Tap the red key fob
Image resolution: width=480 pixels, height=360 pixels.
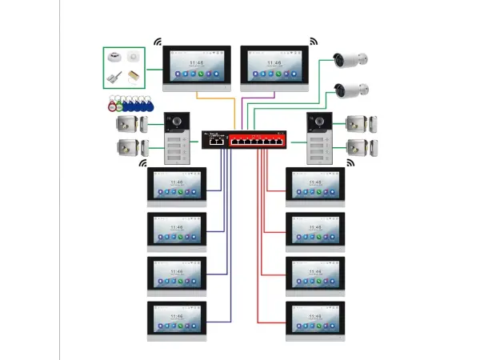coord(110,105)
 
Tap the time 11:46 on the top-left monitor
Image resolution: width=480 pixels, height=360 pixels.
coord(197,61)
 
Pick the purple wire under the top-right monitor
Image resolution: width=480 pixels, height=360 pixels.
coord(258,100)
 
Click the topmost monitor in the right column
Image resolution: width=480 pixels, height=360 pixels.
coord(315,186)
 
